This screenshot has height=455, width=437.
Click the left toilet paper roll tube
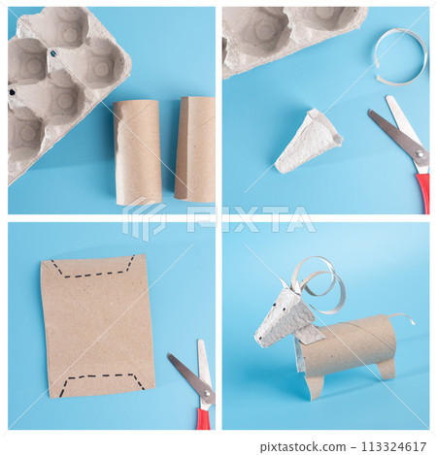point(137,151)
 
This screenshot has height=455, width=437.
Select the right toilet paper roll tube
point(195,148)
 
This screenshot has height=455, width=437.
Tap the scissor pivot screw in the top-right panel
point(420,154)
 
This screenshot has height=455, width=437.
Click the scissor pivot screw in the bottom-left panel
point(207,393)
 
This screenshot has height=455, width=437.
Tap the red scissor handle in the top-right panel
point(424,192)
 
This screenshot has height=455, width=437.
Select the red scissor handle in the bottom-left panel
point(204,419)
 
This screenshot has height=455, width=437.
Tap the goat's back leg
point(386,369)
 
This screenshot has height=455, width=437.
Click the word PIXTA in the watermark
point(251,219)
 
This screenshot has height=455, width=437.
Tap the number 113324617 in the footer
point(393,446)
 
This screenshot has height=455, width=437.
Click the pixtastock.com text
point(303,447)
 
